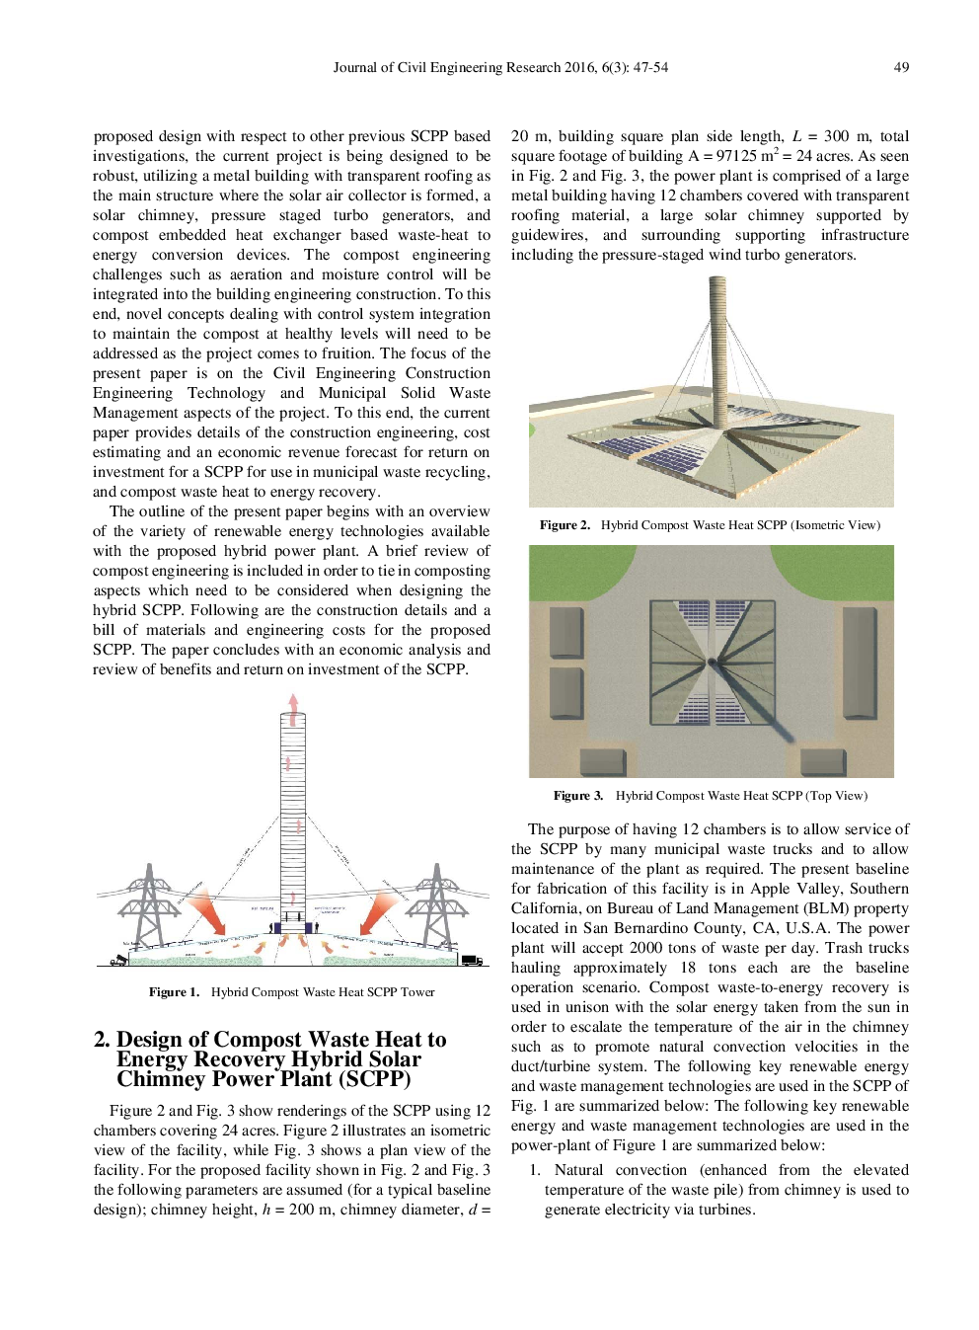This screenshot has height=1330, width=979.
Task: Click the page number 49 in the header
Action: pyautogui.click(x=900, y=67)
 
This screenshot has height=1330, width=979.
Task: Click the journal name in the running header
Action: pyautogui.click(x=447, y=67)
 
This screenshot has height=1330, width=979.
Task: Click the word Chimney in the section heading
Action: pyautogui.click(x=154, y=1079)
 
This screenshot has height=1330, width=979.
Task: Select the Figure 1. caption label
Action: pyautogui.click(x=174, y=992)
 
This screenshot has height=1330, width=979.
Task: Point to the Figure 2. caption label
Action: pyautogui.click(x=565, y=525)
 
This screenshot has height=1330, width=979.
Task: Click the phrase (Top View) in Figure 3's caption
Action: pyautogui.click(x=836, y=796)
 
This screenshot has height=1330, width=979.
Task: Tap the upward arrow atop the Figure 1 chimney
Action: pyautogui.click(x=293, y=702)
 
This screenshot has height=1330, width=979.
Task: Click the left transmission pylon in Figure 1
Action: pyautogui.click(x=148, y=905)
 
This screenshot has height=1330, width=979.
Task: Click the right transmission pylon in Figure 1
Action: pyautogui.click(x=435, y=905)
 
